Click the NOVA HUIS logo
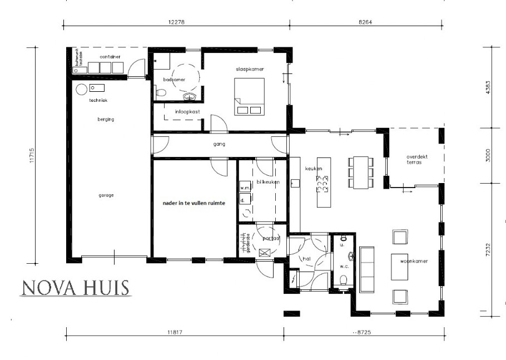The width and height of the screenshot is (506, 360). click(75, 287)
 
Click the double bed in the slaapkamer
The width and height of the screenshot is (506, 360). click(249, 96)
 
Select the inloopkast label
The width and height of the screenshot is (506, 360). click(188, 112)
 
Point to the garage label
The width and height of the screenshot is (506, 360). click(107, 195)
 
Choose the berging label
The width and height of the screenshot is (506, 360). click(106, 119)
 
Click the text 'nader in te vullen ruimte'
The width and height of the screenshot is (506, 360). click(194, 204)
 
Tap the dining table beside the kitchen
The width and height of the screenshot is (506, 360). click(361, 172)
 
